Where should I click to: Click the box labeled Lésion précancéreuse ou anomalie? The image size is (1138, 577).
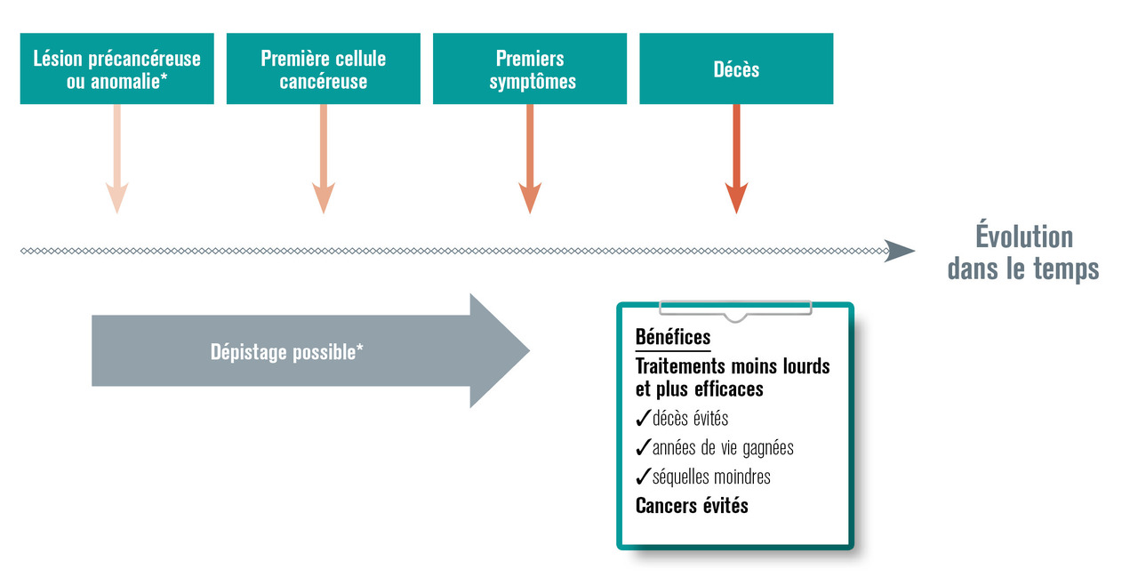click(x=116, y=68)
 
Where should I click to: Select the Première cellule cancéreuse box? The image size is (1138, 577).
click(x=323, y=68)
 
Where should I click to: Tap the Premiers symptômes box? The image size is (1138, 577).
click(x=530, y=68)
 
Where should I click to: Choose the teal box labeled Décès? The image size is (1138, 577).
click(x=736, y=68)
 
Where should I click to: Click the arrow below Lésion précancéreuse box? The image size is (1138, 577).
click(x=116, y=160)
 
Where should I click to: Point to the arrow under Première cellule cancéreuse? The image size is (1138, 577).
click(x=323, y=160)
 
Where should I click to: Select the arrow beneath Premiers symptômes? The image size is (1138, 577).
click(x=530, y=160)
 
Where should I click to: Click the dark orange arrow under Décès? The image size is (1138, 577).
click(x=736, y=160)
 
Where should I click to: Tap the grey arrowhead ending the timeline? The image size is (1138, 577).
click(x=902, y=252)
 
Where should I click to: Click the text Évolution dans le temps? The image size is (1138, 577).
click(x=1023, y=252)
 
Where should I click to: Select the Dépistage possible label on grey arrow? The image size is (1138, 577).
click(x=286, y=351)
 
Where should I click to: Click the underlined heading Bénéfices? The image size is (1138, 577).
click(x=673, y=337)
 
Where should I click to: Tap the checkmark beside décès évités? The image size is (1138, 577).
click(x=643, y=419)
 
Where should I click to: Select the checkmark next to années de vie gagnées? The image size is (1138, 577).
click(x=643, y=448)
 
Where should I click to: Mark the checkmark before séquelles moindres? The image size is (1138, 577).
click(x=643, y=477)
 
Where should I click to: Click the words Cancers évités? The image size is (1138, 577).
click(x=692, y=506)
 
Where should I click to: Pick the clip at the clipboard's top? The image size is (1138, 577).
click(x=734, y=309)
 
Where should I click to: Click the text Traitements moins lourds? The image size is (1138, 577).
click(x=733, y=365)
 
